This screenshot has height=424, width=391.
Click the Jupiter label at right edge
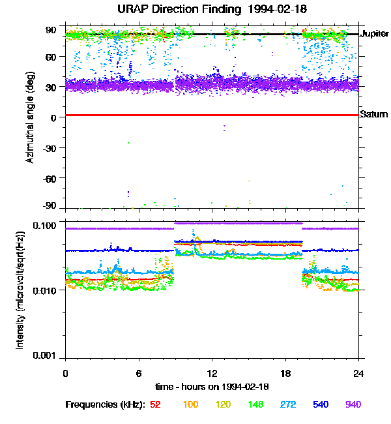[375, 33]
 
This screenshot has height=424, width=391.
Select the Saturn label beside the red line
[374, 115]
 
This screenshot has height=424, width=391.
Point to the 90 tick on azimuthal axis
[50, 29]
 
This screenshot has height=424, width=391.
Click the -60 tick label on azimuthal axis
[48, 177]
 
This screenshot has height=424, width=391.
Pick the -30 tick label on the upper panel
[48, 147]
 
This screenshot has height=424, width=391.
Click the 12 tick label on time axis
[212, 372]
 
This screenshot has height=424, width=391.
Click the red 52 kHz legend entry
[155, 404]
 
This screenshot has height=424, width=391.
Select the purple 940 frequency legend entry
[353, 404]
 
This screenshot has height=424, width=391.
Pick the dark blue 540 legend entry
[321, 404]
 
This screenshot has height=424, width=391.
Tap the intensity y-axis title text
[20, 290]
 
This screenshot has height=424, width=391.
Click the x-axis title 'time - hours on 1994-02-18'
[212, 386]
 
